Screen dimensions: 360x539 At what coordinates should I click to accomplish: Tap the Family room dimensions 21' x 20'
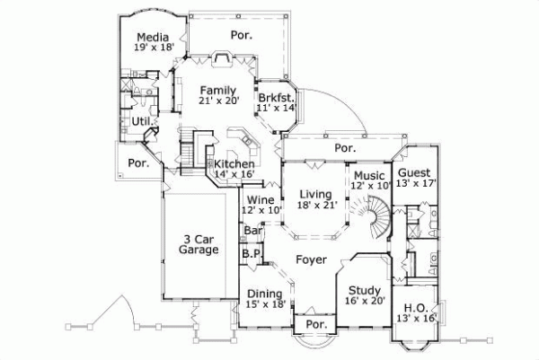pos(217,101)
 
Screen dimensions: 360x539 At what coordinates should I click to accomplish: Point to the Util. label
pos(140,119)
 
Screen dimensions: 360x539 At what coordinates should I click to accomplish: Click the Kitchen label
pos(234,164)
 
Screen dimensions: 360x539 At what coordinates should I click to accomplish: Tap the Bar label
pos(252,231)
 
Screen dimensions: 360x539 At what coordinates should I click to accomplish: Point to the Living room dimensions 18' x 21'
pos(315,206)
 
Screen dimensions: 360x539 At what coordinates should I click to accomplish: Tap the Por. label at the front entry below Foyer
pos(314,324)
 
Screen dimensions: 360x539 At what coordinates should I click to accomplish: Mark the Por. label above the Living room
pos(344,147)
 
